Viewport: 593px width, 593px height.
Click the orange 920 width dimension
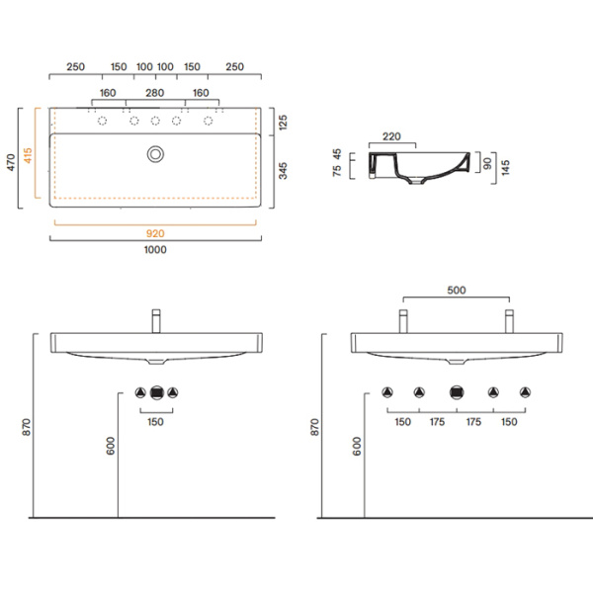click(x=155, y=234)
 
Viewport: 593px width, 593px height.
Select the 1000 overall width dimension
click(x=155, y=250)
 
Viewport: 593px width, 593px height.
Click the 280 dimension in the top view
click(x=155, y=94)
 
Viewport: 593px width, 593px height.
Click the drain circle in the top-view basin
click(x=155, y=153)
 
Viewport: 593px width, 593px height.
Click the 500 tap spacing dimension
click(x=456, y=291)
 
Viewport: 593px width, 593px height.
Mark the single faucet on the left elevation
click(x=155, y=321)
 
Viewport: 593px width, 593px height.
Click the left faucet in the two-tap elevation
click(x=403, y=321)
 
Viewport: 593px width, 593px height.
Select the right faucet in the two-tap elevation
click(x=509, y=321)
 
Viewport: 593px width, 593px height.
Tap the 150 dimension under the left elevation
click(x=155, y=421)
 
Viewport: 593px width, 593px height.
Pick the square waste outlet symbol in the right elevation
click(x=456, y=390)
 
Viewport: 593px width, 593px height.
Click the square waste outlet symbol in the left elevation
click(x=155, y=390)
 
